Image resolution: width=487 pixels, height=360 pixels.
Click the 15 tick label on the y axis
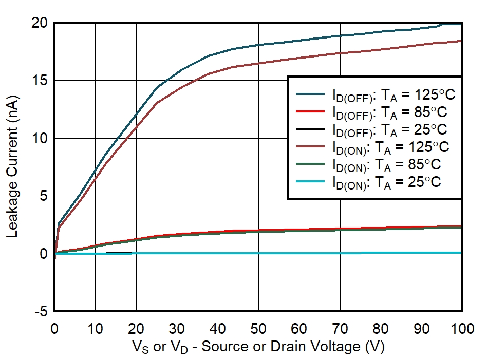(x=41, y=81)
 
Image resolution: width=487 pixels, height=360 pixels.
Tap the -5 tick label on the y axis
(x=41, y=312)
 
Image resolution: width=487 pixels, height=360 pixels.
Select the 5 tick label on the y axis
(x=44, y=196)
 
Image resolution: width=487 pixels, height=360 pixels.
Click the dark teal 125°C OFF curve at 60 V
(x=299, y=41)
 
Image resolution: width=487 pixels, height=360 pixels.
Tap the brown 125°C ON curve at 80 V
(x=381, y=49)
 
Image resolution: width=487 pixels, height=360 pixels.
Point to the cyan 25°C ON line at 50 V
(x=258, y=253)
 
